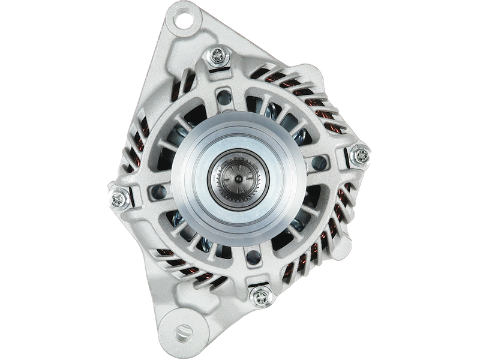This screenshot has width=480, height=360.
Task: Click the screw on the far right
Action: (361, 154)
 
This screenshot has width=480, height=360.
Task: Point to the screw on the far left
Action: (118, 196)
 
